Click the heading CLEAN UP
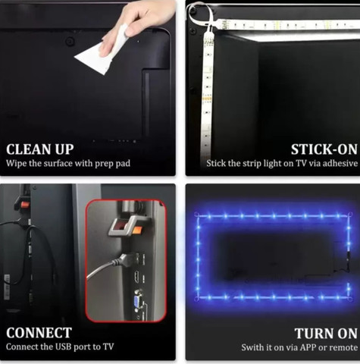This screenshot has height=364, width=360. [40, 149]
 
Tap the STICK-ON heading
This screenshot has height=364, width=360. [324, 149]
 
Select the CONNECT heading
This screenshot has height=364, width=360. [39, 333]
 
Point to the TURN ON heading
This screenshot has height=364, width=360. [326, 333]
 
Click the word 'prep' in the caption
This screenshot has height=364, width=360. [105, 164]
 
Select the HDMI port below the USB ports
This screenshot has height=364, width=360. [136, 275]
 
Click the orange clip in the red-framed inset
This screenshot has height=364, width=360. [138, 230]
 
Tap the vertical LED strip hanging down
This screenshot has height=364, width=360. [208, 89]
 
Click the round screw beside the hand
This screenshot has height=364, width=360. [70, 41]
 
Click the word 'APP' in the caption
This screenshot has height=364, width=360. [307, 347]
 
